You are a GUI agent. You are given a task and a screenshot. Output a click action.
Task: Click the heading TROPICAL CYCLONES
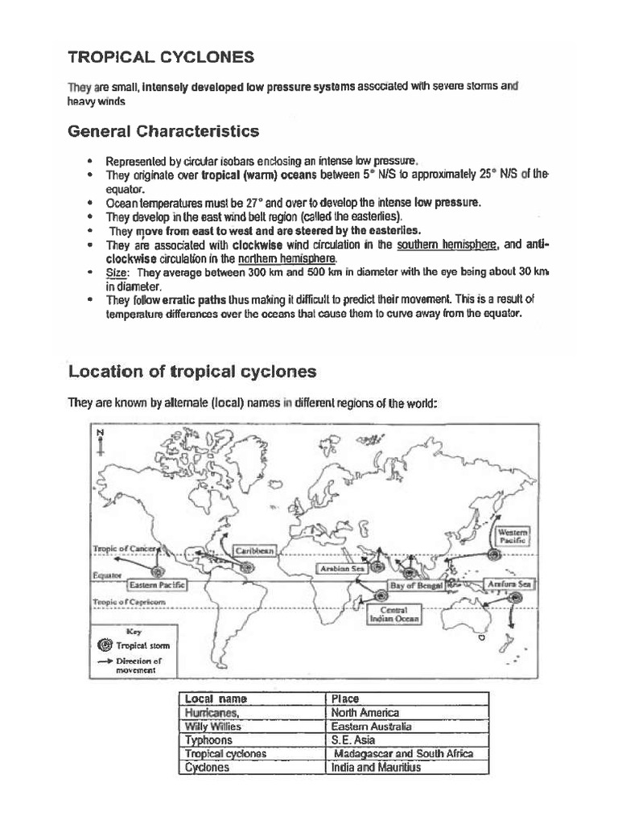pyautogui.click(x=161, y=56)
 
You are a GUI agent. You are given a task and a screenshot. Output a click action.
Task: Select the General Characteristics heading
pyautogui.click(x=163, y=130)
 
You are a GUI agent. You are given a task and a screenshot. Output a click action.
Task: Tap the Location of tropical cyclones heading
pyautogui.click(x=192, y=371)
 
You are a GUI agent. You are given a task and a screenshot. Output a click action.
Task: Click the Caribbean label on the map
pyautogui.click(x=255, y=551)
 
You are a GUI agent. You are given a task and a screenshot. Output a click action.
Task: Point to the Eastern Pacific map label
pyautogui.click(x=156, y=585)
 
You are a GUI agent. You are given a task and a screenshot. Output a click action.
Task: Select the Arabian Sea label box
pyautogui.click(x=342, y=568)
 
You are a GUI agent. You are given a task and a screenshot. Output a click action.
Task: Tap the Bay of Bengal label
pyautogui.click(x=417, y=586)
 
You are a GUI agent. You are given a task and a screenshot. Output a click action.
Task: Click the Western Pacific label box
pyautogui.click(x=513, y=537)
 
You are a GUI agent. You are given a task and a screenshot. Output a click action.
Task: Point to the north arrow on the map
pyautogui.click(x=101, y=443)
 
